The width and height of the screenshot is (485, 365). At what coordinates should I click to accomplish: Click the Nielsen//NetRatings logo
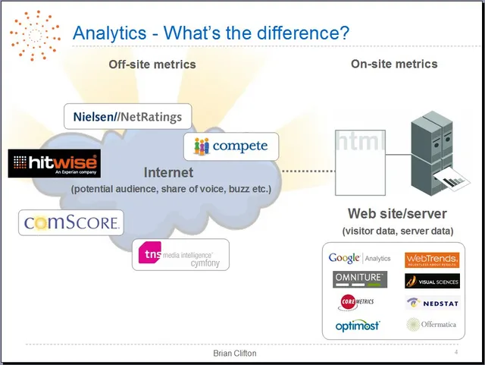pos(128,116)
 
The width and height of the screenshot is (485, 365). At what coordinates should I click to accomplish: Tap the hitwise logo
pos(54,163)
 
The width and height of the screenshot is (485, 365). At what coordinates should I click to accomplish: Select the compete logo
pos(226,146)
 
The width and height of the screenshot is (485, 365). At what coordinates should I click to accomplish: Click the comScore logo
pos(71,222)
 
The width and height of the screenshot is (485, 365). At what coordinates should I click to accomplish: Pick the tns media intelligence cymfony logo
pos(180,255)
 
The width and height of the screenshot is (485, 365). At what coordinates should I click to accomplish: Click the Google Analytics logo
pos(359,258)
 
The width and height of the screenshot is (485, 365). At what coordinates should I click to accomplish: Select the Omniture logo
pos(360,278)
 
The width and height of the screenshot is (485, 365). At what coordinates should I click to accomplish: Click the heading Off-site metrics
pos(152,65)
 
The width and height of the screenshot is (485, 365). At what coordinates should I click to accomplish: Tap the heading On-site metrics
pos(394,64)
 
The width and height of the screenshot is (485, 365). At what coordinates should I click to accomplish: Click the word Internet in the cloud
pos(168,172)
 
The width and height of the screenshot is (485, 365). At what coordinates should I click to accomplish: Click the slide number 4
pos(456,353)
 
